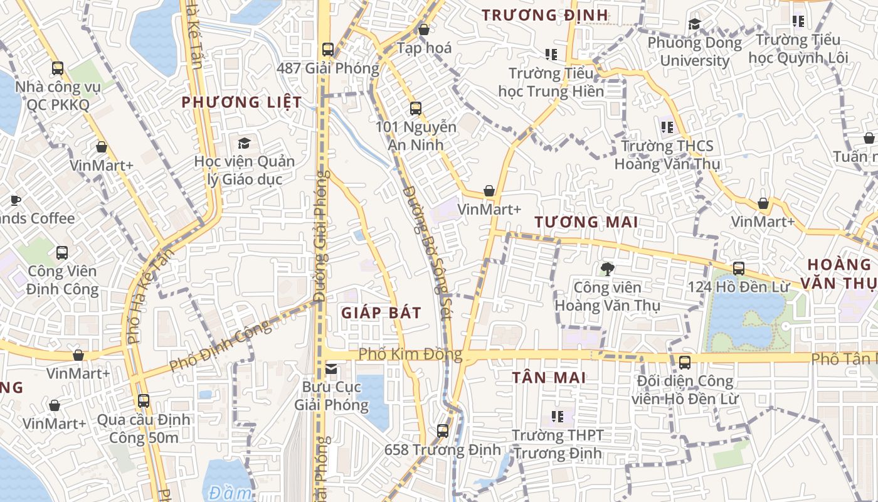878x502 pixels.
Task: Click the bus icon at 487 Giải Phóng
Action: click(x=327, y=49)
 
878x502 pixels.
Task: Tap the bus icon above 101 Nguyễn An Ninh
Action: click(x=415, y=108)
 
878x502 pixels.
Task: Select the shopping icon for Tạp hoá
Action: click(x=424, y=29)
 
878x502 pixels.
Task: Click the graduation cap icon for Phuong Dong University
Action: click(x=694, y=24)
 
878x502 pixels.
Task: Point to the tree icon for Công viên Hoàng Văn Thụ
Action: click(x=606, y=269)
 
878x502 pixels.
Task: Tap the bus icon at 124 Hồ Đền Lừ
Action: click(x=739, y=268)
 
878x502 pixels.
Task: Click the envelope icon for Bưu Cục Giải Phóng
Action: click(x=331, y=369)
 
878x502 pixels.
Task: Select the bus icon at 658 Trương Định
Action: click(x=443, y=431)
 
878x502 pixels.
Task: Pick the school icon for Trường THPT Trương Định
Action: click(x=557, y=416)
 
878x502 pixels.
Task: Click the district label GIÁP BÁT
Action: click(x=381, y=312)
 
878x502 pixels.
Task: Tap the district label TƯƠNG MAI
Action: click(x=586, y=222)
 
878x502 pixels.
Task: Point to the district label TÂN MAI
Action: click(x=549, y=378)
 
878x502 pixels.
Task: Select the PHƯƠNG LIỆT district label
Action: click(x=242, y=102)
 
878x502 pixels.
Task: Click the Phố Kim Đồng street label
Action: click(x=410, y=355)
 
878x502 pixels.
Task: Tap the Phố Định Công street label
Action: click(x=221, y=345)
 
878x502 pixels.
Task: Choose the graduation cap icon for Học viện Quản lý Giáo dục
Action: click(x=244, y=143)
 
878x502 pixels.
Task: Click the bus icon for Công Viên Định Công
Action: click(x=61, y=253)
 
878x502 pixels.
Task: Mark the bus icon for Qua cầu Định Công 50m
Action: click(x=144, y=400)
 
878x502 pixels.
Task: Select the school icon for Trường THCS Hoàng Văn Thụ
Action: click(x=667, y=127)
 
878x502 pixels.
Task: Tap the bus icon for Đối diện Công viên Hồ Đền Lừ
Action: click(x=685, y=362)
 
